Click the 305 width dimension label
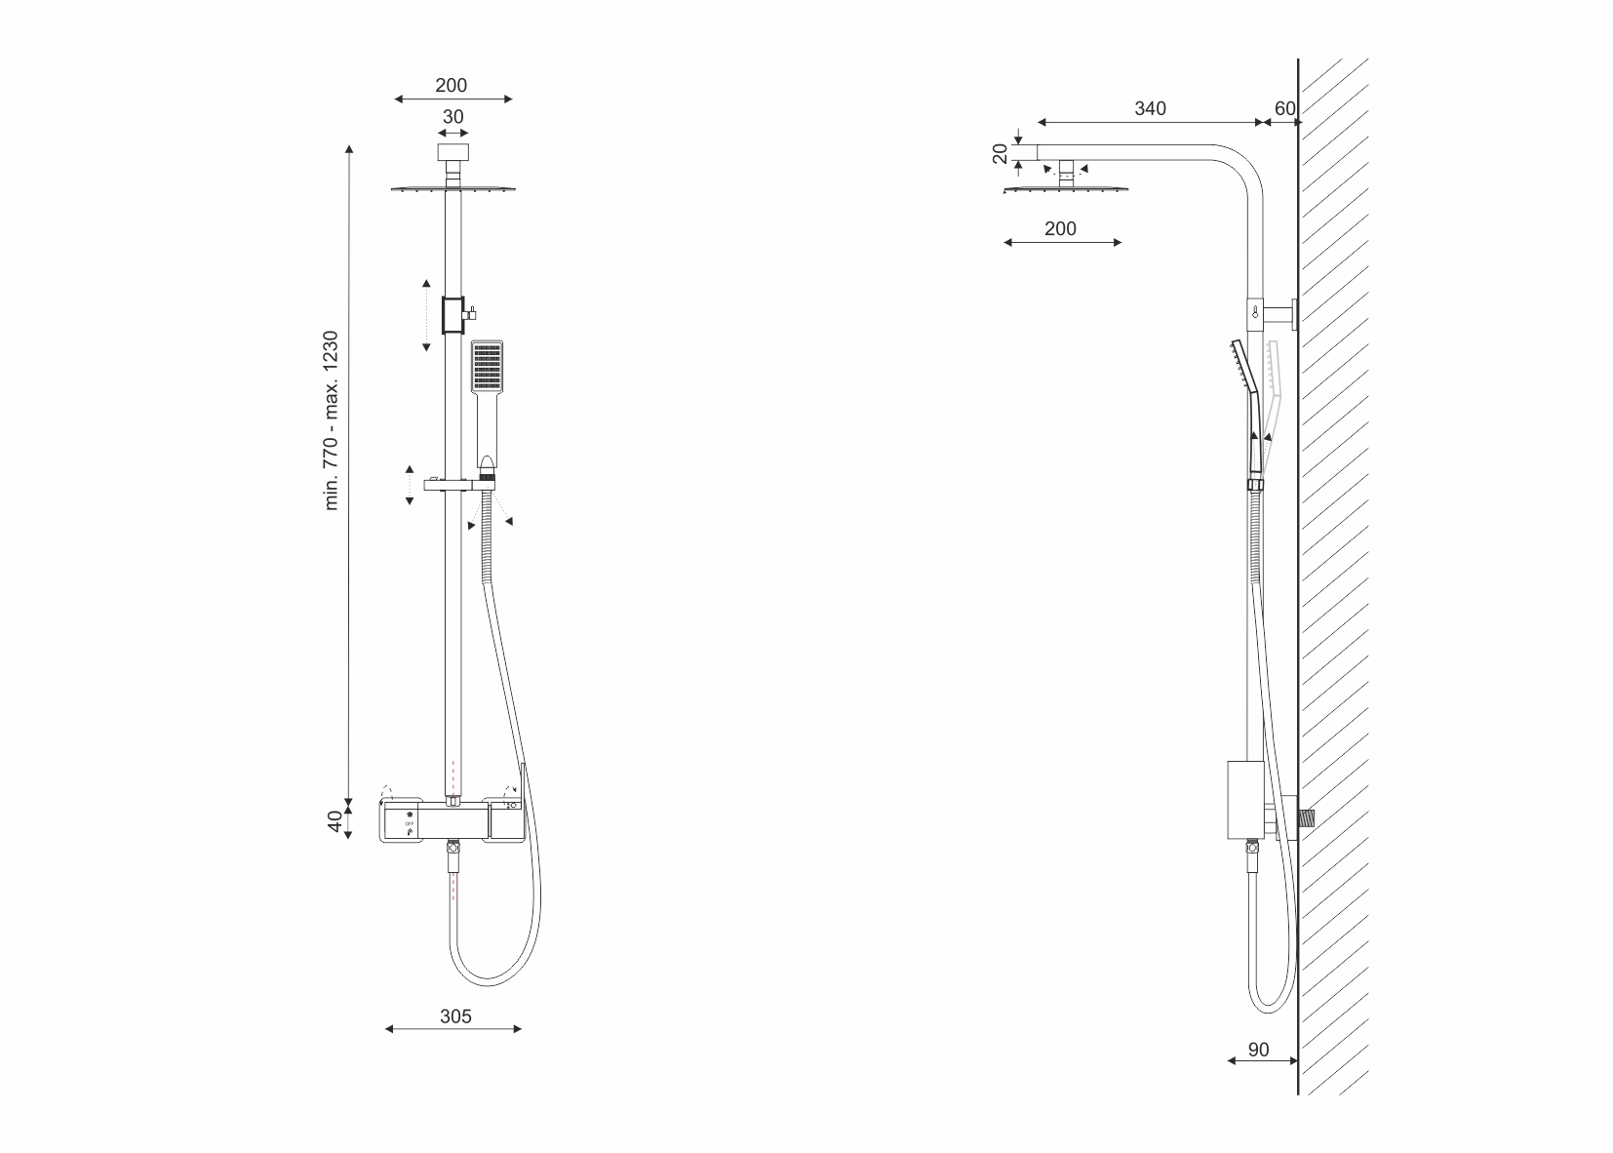point(455,1016)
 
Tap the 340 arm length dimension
point(1150,108)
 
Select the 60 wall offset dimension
point(1284,108)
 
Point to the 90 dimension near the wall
point(1258,1050)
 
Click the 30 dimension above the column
point(452,117)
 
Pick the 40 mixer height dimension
point(334,821)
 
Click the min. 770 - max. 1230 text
point(331,420)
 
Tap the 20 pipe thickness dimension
point(1001,153)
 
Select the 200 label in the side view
point(1060,229)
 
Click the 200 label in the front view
point(451,86)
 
